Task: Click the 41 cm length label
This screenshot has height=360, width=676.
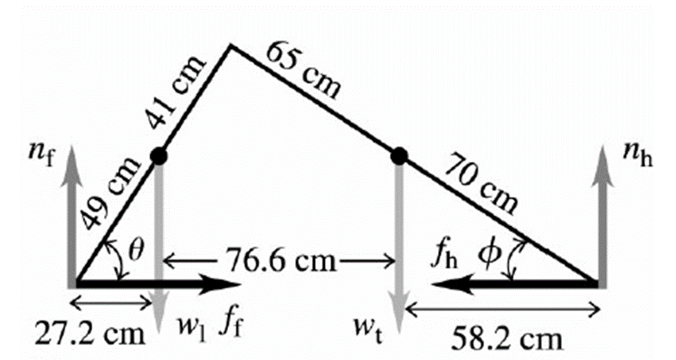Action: click(x=176, y=92)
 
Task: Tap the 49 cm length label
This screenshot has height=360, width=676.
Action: click(x=111, y=194)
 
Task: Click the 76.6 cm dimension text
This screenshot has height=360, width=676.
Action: click(x=281, y=261)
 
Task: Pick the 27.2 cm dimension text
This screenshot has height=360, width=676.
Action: click(x=90, y=334)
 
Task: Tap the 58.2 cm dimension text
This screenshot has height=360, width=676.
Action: click(x=507, y=339)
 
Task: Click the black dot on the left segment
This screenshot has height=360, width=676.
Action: click(x=158, y=156)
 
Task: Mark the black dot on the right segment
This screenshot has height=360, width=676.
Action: click(x=399, y=156)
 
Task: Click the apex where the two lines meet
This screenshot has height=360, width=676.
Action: click(x=232, y=45)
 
